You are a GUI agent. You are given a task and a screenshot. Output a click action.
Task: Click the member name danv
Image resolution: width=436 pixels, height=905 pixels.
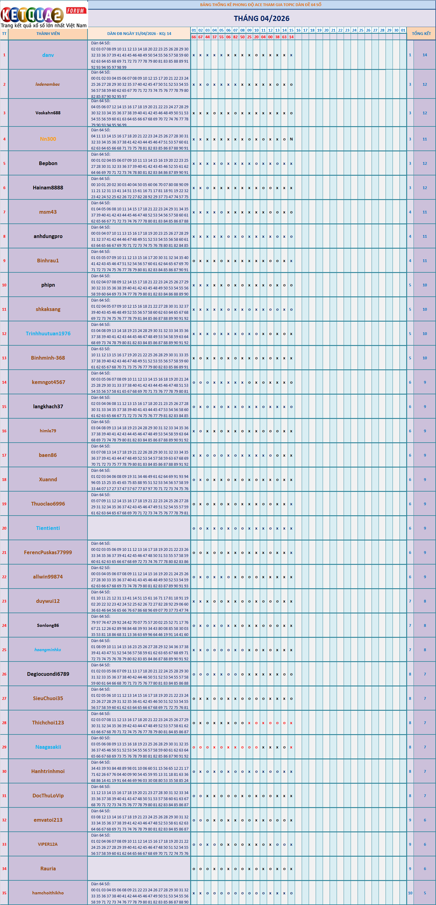click(x=48, y=55)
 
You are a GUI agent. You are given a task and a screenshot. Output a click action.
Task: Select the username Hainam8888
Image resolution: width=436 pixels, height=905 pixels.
click(x=48, y=188)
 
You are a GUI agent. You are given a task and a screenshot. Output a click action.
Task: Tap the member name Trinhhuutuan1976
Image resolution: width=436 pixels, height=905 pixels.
click(x=48, y=333)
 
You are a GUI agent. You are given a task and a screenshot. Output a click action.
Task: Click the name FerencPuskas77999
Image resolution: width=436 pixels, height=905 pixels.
click(x=48, y=552)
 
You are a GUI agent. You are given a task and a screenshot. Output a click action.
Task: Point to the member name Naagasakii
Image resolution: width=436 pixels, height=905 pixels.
click(x=48, y=747)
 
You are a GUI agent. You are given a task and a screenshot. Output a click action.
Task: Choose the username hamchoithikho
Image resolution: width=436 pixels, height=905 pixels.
click(x=48, y=893)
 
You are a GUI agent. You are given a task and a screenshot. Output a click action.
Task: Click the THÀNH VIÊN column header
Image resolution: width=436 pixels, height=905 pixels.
click(x=48, y=34)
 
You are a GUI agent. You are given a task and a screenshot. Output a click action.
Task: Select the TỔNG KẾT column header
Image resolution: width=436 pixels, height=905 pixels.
click(x=421, y=34)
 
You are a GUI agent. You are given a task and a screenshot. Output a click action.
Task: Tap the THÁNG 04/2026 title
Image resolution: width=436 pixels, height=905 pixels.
click(x=262, y=18)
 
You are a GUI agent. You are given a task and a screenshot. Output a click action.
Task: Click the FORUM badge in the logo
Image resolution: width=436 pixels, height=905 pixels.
click(x=75, y=11)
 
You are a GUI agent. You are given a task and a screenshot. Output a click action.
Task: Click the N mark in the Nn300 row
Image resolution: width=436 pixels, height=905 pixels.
click(x=291, y=139)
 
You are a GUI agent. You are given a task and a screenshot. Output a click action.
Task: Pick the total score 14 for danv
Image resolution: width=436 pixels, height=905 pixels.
click(x=424, y=55)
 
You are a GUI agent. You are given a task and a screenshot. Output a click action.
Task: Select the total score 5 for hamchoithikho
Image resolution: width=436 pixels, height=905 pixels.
click(x=424, y=893)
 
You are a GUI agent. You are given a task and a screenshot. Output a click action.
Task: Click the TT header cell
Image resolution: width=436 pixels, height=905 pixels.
click(x=4, y=34)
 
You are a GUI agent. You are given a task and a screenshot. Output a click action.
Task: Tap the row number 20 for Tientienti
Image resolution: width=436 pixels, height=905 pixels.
click(x=4, y=528)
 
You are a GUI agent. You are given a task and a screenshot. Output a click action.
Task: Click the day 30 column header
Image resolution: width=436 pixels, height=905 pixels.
click(x=396, y=30)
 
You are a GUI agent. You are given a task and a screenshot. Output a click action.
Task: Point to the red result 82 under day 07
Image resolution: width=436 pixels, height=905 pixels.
click(x=235, y=37)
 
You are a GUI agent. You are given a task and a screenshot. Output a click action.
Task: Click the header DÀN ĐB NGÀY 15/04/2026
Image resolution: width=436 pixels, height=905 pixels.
click(x=139, y=34)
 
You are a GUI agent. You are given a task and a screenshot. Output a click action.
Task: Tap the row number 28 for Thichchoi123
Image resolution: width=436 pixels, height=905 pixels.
click(x=4, y=723)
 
